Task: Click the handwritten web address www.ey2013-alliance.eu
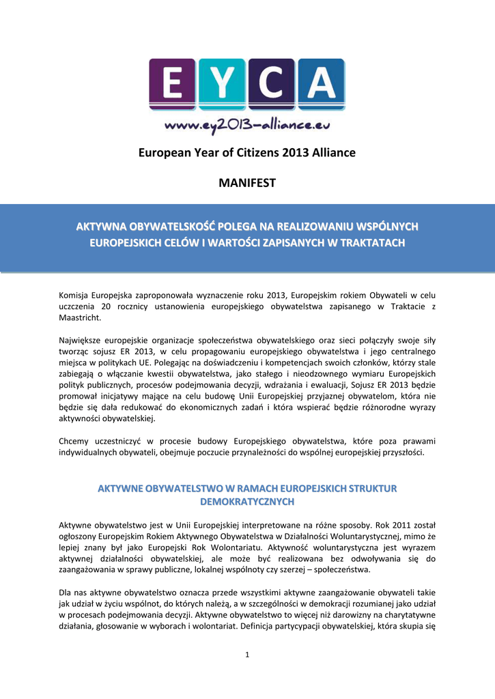click(246, 126)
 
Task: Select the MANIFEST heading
click(246, 183)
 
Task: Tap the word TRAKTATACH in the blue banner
click(372, 242)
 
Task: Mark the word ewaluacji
click(333, 384)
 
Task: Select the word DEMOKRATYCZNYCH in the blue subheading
click(246, 502)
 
